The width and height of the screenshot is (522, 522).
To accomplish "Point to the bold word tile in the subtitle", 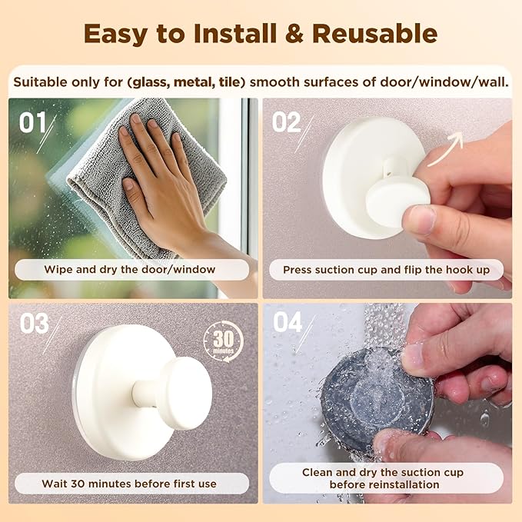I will [229, 81].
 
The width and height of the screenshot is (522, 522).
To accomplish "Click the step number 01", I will [33, 123].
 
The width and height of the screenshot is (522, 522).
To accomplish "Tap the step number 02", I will [286, 123].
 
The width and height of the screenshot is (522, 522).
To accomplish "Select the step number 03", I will [35, 324].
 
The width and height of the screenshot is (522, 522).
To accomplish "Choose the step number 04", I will [287, 323].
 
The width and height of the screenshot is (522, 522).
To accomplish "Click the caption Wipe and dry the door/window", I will [130, 270].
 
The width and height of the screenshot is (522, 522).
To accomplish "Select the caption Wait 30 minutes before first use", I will [130, 484].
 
